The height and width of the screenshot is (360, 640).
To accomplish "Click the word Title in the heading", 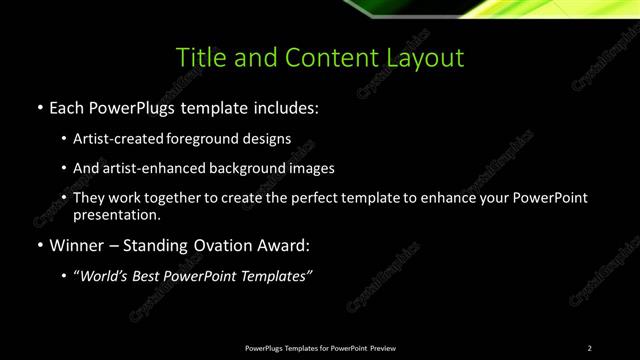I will tap(200, 57).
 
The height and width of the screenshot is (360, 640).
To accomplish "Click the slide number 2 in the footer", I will tap(589, 348).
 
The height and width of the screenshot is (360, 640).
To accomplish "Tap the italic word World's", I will tap(108, 276).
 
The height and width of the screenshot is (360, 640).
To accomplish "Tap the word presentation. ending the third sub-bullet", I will tap(116, 214).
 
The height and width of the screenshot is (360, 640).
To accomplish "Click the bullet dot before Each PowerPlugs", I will tap(39, 106).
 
